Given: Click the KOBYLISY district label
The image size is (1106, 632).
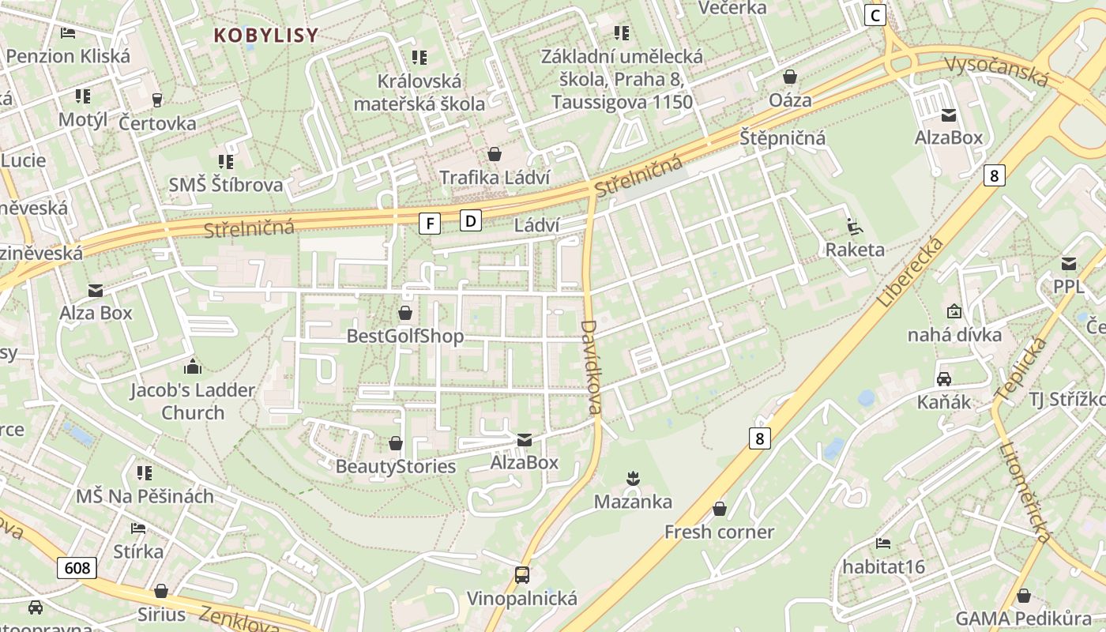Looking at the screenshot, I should pyautogui.click(x=266, y=35).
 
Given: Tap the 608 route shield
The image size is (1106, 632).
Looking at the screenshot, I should pyautogui.click(x=77, y=567).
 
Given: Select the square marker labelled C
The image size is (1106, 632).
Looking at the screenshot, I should pyautogui.click(x=875, y=15).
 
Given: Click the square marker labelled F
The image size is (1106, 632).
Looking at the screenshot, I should pyautogui.click(x=430, y=224).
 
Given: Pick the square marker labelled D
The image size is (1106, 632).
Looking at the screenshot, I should pyautogui.click(x=471, y=220).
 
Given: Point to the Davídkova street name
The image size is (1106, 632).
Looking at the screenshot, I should pyautogui.click(x=591, y=367).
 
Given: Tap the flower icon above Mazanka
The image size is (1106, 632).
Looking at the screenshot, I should pyautogui.click(x=632, y=478).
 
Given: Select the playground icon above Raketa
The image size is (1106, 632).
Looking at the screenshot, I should pyautogui.click(x=854, y=227).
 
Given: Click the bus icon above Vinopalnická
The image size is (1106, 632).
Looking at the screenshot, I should pyautogui.click(x=521, y=575).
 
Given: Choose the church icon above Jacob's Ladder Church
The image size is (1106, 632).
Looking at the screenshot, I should pyautogui.click(x=192, y=367).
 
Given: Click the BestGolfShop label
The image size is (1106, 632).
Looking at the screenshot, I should pyautogui.click(x=405, y=337).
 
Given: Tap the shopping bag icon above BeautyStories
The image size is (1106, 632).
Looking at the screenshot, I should pyautogui.click(x=395, y=444).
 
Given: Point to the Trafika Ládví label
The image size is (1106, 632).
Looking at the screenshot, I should pyautogui.click(x=495, y=178).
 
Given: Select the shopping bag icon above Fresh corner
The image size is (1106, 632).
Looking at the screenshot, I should pyautogui.click(x=719, y=509).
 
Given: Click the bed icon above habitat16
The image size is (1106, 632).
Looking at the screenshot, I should pyautogui.click(x=883, y=544).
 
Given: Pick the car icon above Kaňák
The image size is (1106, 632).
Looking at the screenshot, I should pyautogui.click(x=943, y=378).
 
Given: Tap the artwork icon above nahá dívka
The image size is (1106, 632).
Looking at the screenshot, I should pyautogui.click(x=954, y=311).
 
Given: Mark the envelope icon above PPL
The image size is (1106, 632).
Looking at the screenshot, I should pyautogui.click(x=1069, y=264).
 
